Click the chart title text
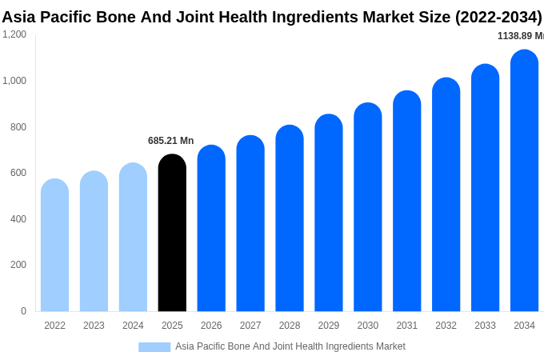271,17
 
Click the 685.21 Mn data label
170,141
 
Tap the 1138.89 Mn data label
520,36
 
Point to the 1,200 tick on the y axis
14,34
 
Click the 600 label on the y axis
18,173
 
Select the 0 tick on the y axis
23,311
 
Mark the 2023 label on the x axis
94,326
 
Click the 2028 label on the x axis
290,326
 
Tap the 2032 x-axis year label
446,326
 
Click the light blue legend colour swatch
154,347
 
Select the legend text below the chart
290,346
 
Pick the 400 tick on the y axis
18,219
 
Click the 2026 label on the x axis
211,326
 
